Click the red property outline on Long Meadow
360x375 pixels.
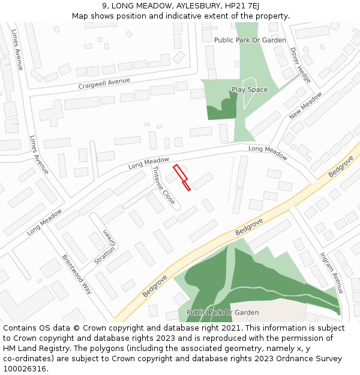(x=182, y=177)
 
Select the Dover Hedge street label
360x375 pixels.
(x=301, y=65)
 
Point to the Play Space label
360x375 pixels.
(x=250, y=90)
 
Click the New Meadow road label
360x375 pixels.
(x=305, y=105)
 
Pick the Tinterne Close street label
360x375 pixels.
(x=163, y=185)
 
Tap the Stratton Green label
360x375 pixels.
(x=104, y=247)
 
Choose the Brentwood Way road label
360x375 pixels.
(x=77, y=274)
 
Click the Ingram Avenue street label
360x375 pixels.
(x=331, y=272)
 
